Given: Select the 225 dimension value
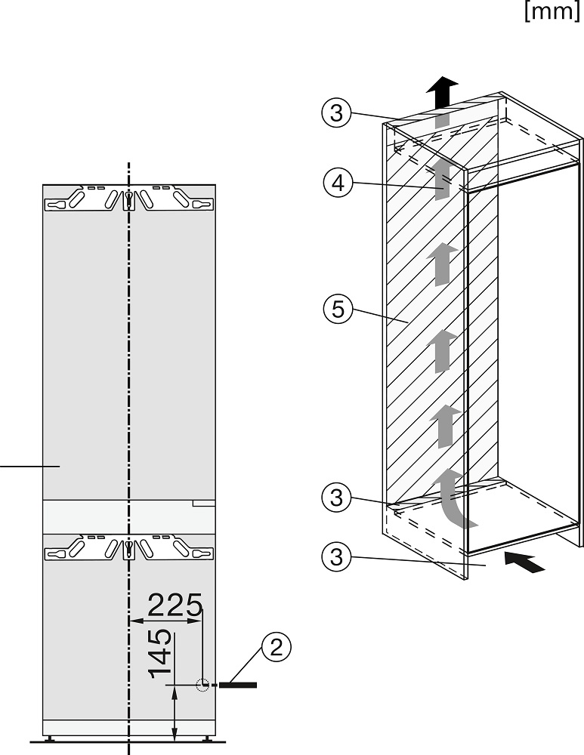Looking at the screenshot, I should (175, 605).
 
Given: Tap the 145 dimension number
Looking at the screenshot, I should (160, 654).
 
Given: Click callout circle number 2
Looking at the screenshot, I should (276, 647).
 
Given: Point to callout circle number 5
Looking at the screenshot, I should (337, 310).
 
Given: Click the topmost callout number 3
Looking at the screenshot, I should (337, 113).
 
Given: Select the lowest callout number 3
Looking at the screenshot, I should (337, 559).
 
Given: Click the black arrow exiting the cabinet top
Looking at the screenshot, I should (442, 93).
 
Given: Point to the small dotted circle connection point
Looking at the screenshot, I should (202, 685).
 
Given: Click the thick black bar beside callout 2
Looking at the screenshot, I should (239, 685).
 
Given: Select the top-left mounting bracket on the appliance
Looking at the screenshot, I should (84, 200).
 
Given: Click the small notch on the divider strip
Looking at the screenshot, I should (204, 501).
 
